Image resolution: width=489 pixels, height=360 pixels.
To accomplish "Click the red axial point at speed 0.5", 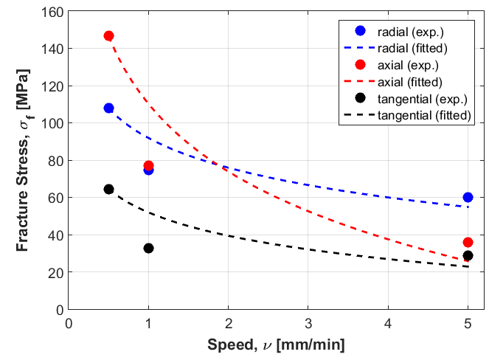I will (109, 35).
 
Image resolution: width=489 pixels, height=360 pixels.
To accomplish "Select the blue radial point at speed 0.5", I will (109, 108).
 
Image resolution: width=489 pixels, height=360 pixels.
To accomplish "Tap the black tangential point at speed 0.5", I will (109, 189).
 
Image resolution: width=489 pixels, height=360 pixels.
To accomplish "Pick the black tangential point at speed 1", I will (148, 248).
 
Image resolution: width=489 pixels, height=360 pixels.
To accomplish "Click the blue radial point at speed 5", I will (468, 197).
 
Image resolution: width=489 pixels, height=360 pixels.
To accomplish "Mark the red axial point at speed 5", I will (468, 242).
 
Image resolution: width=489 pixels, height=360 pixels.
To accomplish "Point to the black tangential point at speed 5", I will (468, 255).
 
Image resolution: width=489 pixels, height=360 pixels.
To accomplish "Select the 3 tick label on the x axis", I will (308, 323).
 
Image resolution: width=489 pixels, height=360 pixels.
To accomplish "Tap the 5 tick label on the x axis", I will (468, 323).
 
